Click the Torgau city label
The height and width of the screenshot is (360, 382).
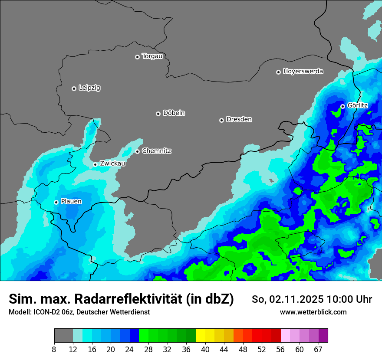click(x=152, y=56)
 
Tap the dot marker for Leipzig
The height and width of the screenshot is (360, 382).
click(x=74, y=88)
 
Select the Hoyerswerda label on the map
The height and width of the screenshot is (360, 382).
click(x=303, y=72)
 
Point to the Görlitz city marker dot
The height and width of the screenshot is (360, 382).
click(x=342, y=106)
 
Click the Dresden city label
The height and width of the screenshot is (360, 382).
click(x=239, y=120)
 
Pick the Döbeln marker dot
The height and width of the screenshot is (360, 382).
click(x=158, y=114)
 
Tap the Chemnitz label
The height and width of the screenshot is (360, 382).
click(x=156, y=151)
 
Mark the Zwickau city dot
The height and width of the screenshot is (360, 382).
click(x=95, y=164)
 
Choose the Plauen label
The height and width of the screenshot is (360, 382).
click(x=71, y=202)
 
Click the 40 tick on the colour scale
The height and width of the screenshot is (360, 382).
click(x=205, y=350)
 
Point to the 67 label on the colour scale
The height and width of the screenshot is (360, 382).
click(x=318, y=350)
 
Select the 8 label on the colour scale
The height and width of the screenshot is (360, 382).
click(x=54, y=350)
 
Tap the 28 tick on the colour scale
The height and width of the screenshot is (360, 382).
click(x=148, y=350)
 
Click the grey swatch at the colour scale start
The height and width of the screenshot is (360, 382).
click(x=63, y=336)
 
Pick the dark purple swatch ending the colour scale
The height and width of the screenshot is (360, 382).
click(x=323, y=336)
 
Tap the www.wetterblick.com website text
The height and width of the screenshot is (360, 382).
click(x=313, y=312)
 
